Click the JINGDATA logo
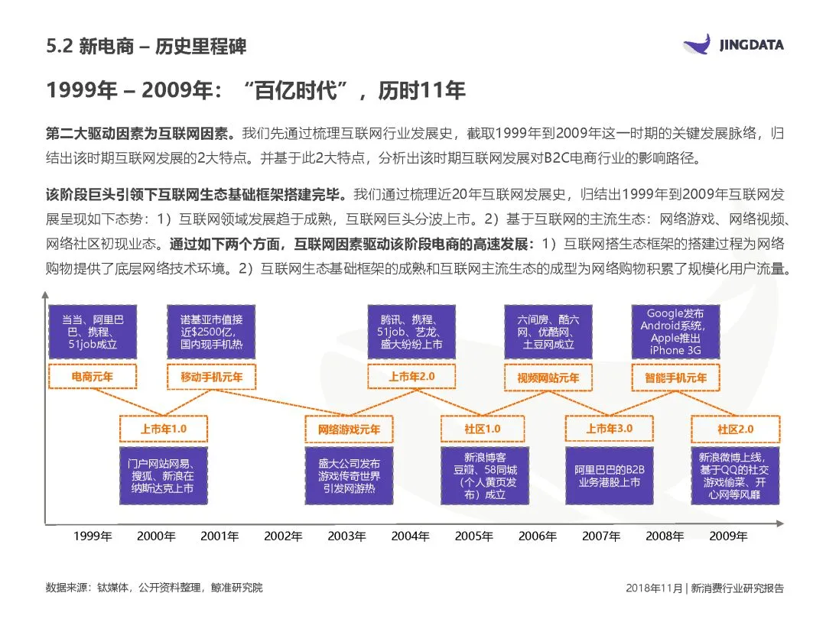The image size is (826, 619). (733, 44)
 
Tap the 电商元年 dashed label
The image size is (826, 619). (92, 377)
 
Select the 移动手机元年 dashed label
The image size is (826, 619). (211, 377)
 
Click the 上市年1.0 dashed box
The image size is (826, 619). (163, 429)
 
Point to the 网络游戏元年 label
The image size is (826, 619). (349, 429)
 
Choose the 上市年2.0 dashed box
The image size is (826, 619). (411, 377)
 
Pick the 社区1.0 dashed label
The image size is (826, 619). (482, 429)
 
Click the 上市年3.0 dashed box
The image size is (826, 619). (609, 429)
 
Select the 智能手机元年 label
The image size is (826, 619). (675, 378)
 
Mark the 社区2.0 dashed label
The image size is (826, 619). (735, 429)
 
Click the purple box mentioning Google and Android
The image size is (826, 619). (675, 332)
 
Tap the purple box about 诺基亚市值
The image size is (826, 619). (211, 332)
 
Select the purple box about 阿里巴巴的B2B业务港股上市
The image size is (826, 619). (609, 475)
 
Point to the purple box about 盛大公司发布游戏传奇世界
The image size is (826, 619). (349, 475)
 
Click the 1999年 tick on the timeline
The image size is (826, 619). (92, 536)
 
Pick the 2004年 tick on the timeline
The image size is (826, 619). (410, 536)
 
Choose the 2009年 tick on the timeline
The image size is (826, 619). (727, 536)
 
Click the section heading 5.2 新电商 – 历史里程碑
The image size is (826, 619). (145, 47)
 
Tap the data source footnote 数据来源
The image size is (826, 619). (154, 588)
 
